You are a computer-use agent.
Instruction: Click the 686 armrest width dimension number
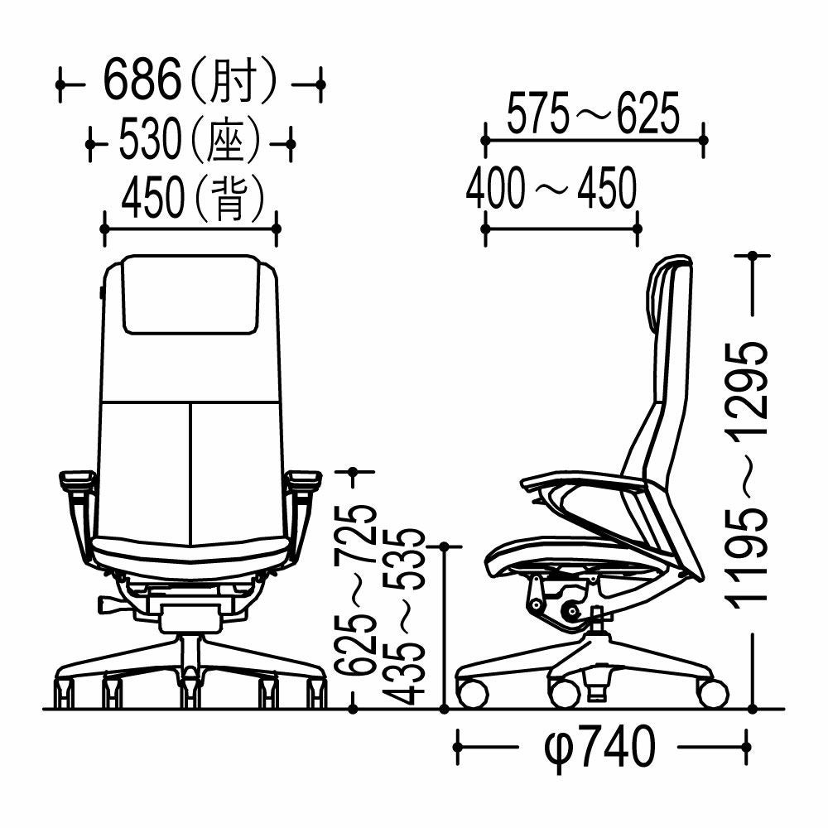[x=142, y=82]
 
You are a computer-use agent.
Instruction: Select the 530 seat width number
[x=150, y=140]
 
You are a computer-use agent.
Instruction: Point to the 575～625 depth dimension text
[x=593, y=113]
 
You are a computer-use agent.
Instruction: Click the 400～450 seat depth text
[x=551, y=187]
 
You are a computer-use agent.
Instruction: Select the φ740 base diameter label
[x=599, y=746]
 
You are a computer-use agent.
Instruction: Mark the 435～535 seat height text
[x=406, y=616]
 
